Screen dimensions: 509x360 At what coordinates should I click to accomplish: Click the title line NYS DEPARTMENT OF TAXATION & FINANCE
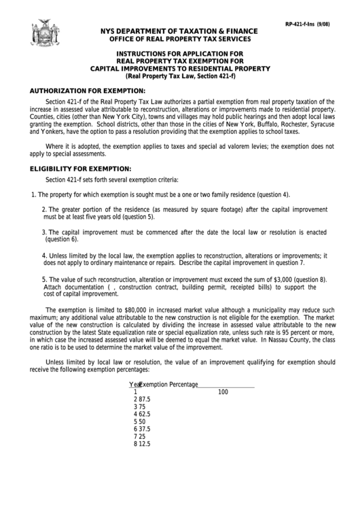(179, 31)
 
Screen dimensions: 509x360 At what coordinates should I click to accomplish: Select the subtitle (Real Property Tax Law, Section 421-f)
(180, 76)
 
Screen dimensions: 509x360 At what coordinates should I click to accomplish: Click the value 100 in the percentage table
(223, 392)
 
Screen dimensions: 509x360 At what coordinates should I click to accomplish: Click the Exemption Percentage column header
(168, 385)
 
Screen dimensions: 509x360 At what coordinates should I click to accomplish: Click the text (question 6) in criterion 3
(62, 239)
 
